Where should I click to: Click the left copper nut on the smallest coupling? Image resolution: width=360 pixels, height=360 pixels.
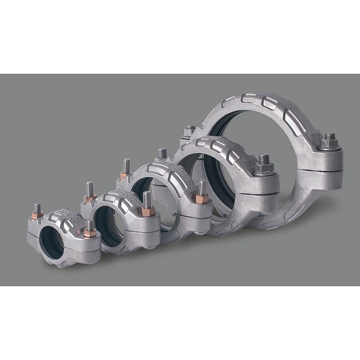(x=37, y=215)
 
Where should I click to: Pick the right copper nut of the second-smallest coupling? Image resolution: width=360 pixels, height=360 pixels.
(x=148, y=211)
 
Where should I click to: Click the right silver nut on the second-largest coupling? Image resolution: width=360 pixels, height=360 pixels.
(x=264, y=168)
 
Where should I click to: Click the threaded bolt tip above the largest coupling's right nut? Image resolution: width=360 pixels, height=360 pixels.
(x=330, y=135)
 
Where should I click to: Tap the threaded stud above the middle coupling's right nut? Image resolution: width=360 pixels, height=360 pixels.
(x=202, y=186)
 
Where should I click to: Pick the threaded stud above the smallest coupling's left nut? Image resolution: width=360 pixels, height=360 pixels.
(x=37, y=208)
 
